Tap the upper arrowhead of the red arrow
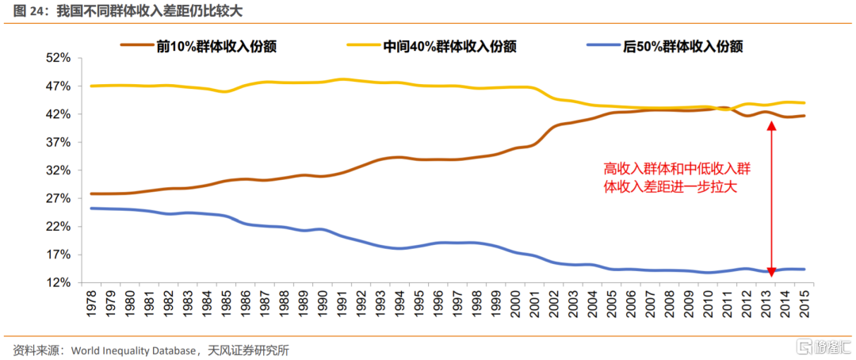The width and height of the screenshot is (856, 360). [770, 126]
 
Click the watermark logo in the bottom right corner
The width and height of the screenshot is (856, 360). [816, 347]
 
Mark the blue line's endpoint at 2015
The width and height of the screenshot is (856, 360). [804, 270]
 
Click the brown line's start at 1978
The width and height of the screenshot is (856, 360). [91, 193]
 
